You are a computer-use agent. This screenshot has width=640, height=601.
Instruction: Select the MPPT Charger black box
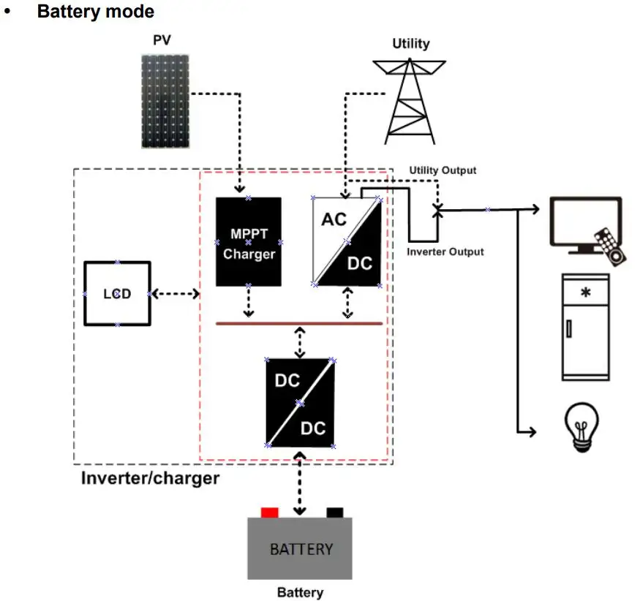click(249, 241)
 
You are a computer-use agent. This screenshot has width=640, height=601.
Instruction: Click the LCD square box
click(117, 293)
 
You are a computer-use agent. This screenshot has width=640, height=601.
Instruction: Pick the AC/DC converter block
click(347, 241)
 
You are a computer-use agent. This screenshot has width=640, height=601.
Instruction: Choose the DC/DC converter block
click(300, 402)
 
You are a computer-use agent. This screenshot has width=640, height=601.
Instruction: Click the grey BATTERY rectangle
click(300, 548)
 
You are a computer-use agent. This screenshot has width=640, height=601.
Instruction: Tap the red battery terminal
click(270, 512)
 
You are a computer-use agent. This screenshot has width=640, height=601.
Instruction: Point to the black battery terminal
click(335, 512)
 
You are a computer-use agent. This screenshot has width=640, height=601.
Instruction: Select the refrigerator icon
click(585, 327)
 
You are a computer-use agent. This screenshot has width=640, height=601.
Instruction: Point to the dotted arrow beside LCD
click(175, 293)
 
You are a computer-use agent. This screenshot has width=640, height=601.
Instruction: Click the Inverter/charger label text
click(150, 478)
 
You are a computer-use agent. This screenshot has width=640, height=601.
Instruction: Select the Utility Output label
click(443, 170)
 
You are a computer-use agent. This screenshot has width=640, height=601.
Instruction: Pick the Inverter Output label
click(445, 252)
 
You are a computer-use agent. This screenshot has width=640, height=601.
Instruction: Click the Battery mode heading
click(96, 12)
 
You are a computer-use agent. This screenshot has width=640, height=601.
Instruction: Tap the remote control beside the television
click(610, 246)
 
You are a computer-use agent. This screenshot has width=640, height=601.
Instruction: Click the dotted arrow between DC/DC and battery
click(299, 484)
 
